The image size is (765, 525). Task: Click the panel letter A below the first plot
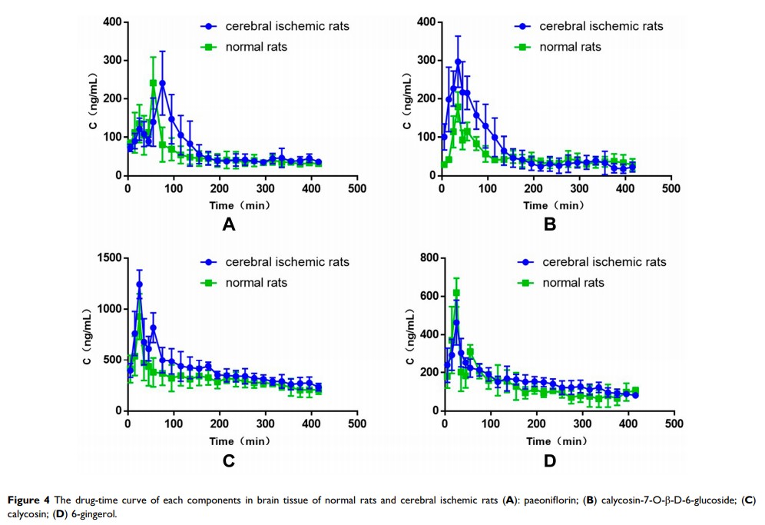pos(227,225)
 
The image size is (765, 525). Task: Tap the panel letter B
pos(549,225)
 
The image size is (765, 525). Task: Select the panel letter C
pos(227,461)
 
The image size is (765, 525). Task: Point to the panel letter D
pos(549,461)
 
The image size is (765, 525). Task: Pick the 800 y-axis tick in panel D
pos(427,258)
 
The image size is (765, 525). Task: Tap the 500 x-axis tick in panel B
pos(671,188)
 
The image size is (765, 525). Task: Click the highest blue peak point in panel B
pos(458,61)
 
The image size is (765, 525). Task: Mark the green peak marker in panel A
pos(153,83)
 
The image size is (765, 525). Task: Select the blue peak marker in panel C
pos(139,284)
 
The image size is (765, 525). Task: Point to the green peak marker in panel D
pos(456,293)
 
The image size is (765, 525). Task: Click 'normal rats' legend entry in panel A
pos(256,47)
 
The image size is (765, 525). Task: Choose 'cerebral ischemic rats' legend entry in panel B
pos(601,26)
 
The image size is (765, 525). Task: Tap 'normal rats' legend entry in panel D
pos(573,283)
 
